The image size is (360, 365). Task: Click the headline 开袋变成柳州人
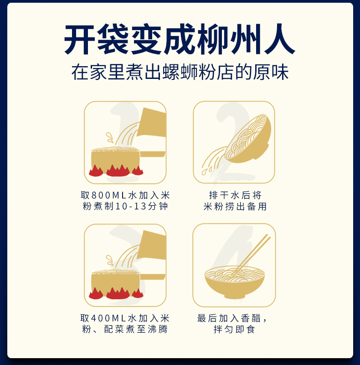click(180, 39)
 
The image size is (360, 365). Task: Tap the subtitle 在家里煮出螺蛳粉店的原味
click(180, 72)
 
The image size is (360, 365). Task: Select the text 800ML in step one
click(109, 195)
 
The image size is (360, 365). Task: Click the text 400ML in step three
click(109, 318)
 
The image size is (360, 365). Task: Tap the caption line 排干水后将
click(235, 195)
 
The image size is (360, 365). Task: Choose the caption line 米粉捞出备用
click(235, 207)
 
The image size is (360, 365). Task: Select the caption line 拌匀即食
click(234, 329)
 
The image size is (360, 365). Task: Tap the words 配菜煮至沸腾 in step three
click(136, 329)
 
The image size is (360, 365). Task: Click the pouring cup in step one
click(152, 122)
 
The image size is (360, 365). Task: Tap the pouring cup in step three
click(152, 245)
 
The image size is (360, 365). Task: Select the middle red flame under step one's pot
click(118, 171)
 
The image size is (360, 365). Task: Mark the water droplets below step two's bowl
click(206, 171)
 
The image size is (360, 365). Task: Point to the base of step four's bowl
click(235, 296)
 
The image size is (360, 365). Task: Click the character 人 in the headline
click(280, 39)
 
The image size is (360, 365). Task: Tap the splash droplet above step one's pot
click(109, 137)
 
